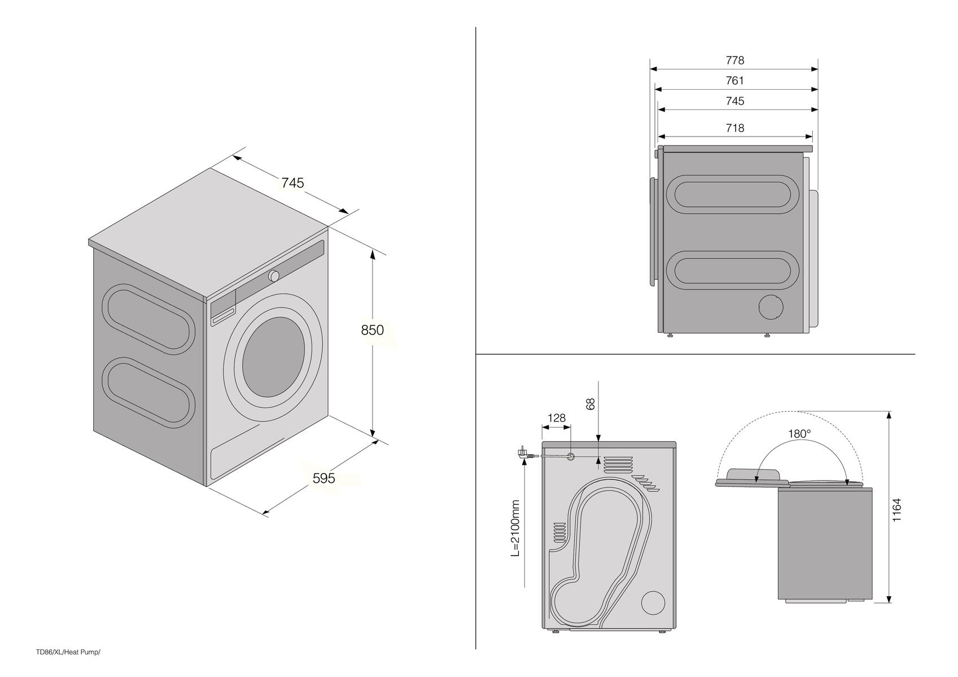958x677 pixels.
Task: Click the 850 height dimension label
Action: tap(372, 330)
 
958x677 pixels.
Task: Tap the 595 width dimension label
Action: tap(323, 478)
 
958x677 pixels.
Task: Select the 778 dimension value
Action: tap(735, 61)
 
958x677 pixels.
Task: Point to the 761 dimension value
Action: tap(735, 81)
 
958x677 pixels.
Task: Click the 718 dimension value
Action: tap(735, 128)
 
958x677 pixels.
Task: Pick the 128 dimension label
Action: tap(557, 417)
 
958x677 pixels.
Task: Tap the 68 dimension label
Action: tap(590, 404)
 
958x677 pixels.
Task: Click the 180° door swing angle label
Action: tap(799, 434)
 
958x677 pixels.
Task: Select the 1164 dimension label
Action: tap(897, 510)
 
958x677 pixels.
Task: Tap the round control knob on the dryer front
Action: tap(274, 276)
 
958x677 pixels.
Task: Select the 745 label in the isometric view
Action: tap(292, 183)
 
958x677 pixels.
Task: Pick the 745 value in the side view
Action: tap(735, 102)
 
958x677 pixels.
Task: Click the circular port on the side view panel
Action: tap(771, 307)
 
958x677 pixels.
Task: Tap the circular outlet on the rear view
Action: tap(653, 603)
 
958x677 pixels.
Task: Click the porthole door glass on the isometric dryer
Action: tap(274, 357)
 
